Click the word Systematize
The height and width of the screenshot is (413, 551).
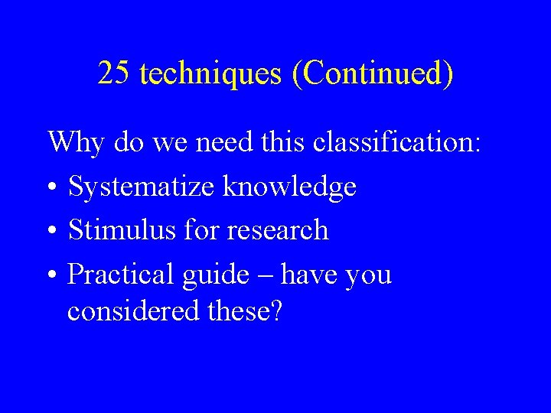(x=141, y=187)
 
